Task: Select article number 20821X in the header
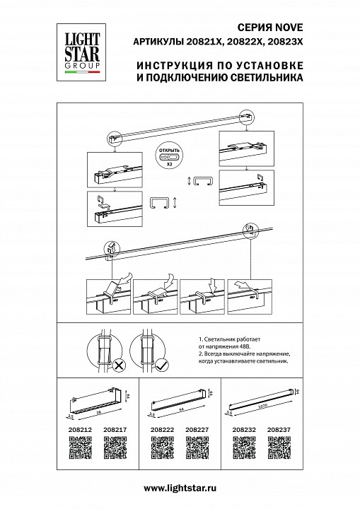click(x=195, y=43)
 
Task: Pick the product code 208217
click(x=115, y=428)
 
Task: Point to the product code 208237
click(x=279, y=428)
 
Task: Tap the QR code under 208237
click(x=279, y=447)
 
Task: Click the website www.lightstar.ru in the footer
click(x=180, y=488)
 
